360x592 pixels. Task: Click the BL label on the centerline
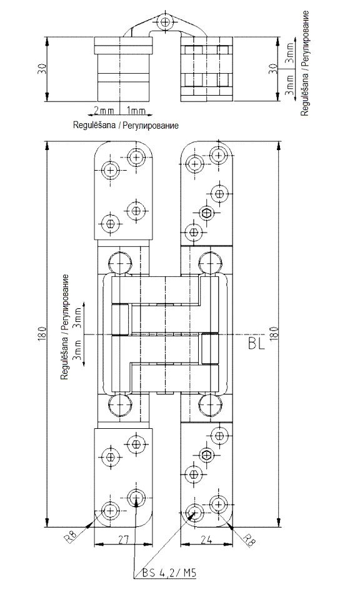[x=257, y=343]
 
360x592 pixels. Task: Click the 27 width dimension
[x=124, y=539]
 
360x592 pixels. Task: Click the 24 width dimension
[x=206, y=539]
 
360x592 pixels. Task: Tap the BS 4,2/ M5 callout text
[x=169, y=573]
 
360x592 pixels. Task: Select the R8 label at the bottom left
[x=71, y=536]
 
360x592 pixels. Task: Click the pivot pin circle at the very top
[x=164, y=21]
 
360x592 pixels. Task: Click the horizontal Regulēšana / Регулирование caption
[x=126, y=126]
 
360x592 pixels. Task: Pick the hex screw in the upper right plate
[x=206, y=213]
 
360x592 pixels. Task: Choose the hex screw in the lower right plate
[x=206, y=456]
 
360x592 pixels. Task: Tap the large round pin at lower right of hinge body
[x=209, y=404]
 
